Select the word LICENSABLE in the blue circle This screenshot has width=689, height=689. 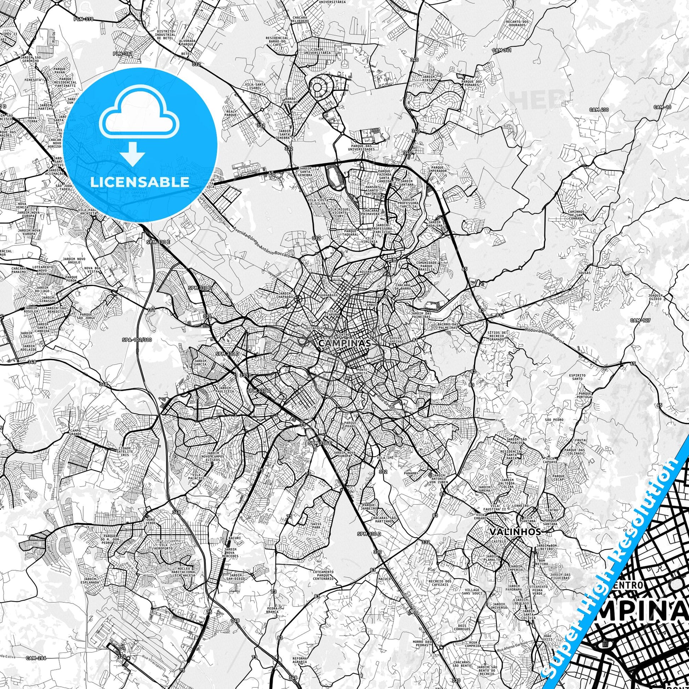click(x=140, y=182)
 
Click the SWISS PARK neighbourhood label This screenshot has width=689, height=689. click(x=306, y=526)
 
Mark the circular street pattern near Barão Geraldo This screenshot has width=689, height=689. click(x=318, y=87)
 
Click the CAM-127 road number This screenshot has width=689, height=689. click(x=640, y=320)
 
